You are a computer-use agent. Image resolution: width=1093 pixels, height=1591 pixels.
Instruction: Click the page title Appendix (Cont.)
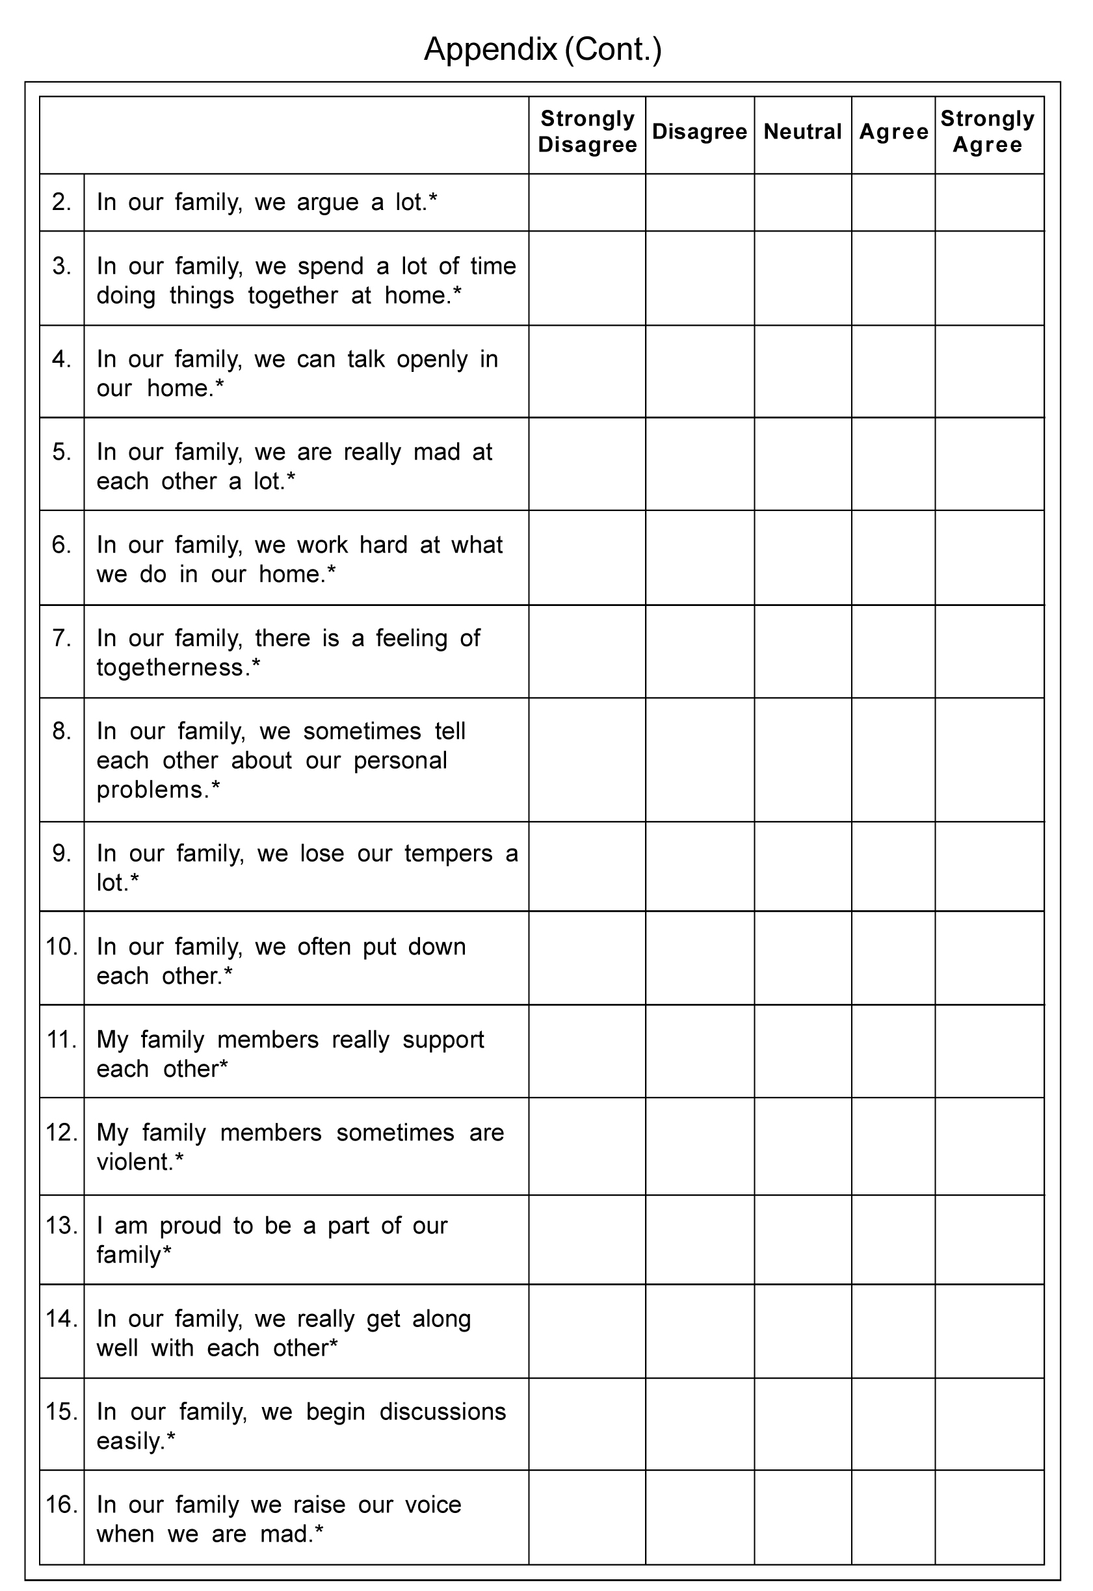click(x=542, y=50)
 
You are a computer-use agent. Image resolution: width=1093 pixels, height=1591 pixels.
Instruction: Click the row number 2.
click(x=62, y=202)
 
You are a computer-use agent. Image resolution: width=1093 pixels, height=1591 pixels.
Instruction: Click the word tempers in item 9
click(x=448, y=854)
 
